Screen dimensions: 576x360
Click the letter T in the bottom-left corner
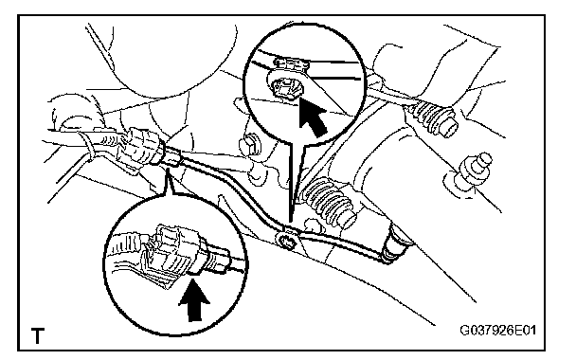pos(38,335)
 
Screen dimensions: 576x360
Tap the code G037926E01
pos(498,331)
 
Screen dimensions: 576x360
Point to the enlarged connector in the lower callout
pos(170,254)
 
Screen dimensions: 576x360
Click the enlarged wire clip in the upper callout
pos(286,87)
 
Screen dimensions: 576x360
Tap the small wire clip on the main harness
pos(289,242)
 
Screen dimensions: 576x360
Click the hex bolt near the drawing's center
pos(249,144)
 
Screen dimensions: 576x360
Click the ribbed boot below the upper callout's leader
pos(328,203)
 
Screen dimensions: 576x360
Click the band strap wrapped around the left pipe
pos(87,147)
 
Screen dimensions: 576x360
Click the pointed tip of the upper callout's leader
pos(290,222)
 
